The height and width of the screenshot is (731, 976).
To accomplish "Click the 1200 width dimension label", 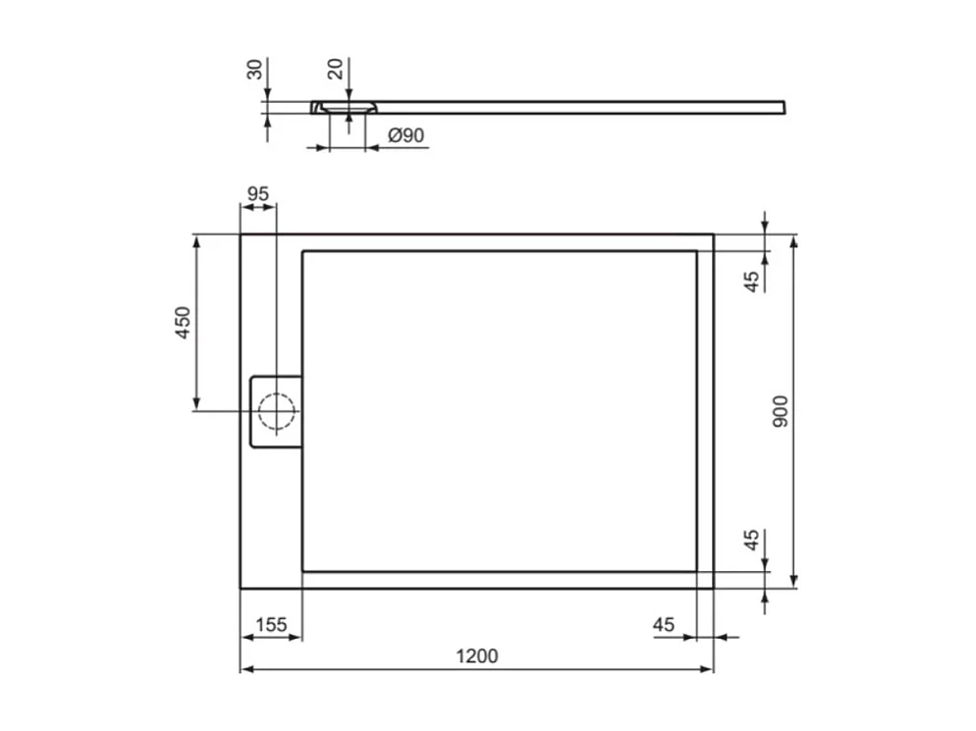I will pos(478,655).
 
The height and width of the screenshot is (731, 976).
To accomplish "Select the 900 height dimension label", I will pos(781,411).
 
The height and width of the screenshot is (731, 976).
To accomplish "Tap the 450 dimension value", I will pos(183,323).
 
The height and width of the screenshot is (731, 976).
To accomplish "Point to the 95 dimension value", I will pos(257,193).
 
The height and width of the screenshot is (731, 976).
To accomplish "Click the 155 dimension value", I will pos(271,624).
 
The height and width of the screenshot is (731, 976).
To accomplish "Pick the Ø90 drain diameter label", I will pos(406,135).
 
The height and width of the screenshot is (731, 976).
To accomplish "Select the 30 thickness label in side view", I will pos(254,70).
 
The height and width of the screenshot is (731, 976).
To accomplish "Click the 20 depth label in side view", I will pos(335,70).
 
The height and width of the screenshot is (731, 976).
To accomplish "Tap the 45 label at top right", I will pos(751,281).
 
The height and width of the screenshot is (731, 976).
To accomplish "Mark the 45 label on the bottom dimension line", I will pos(664,624).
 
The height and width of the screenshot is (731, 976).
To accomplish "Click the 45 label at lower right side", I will pos(751,541).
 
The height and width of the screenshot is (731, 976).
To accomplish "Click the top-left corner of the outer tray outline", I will pos(241,235).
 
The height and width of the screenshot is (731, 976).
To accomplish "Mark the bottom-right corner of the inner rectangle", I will pos(696,571).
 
